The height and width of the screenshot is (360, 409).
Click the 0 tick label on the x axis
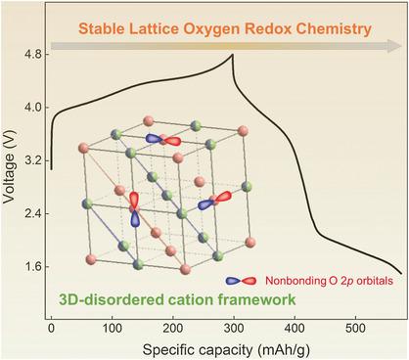(x=51, y=328)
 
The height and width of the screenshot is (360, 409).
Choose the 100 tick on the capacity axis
(x=112, y=328)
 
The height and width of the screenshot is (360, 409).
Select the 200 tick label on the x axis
(x=173, y=328)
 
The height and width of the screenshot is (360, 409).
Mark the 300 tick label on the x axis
(x=234, y=328)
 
